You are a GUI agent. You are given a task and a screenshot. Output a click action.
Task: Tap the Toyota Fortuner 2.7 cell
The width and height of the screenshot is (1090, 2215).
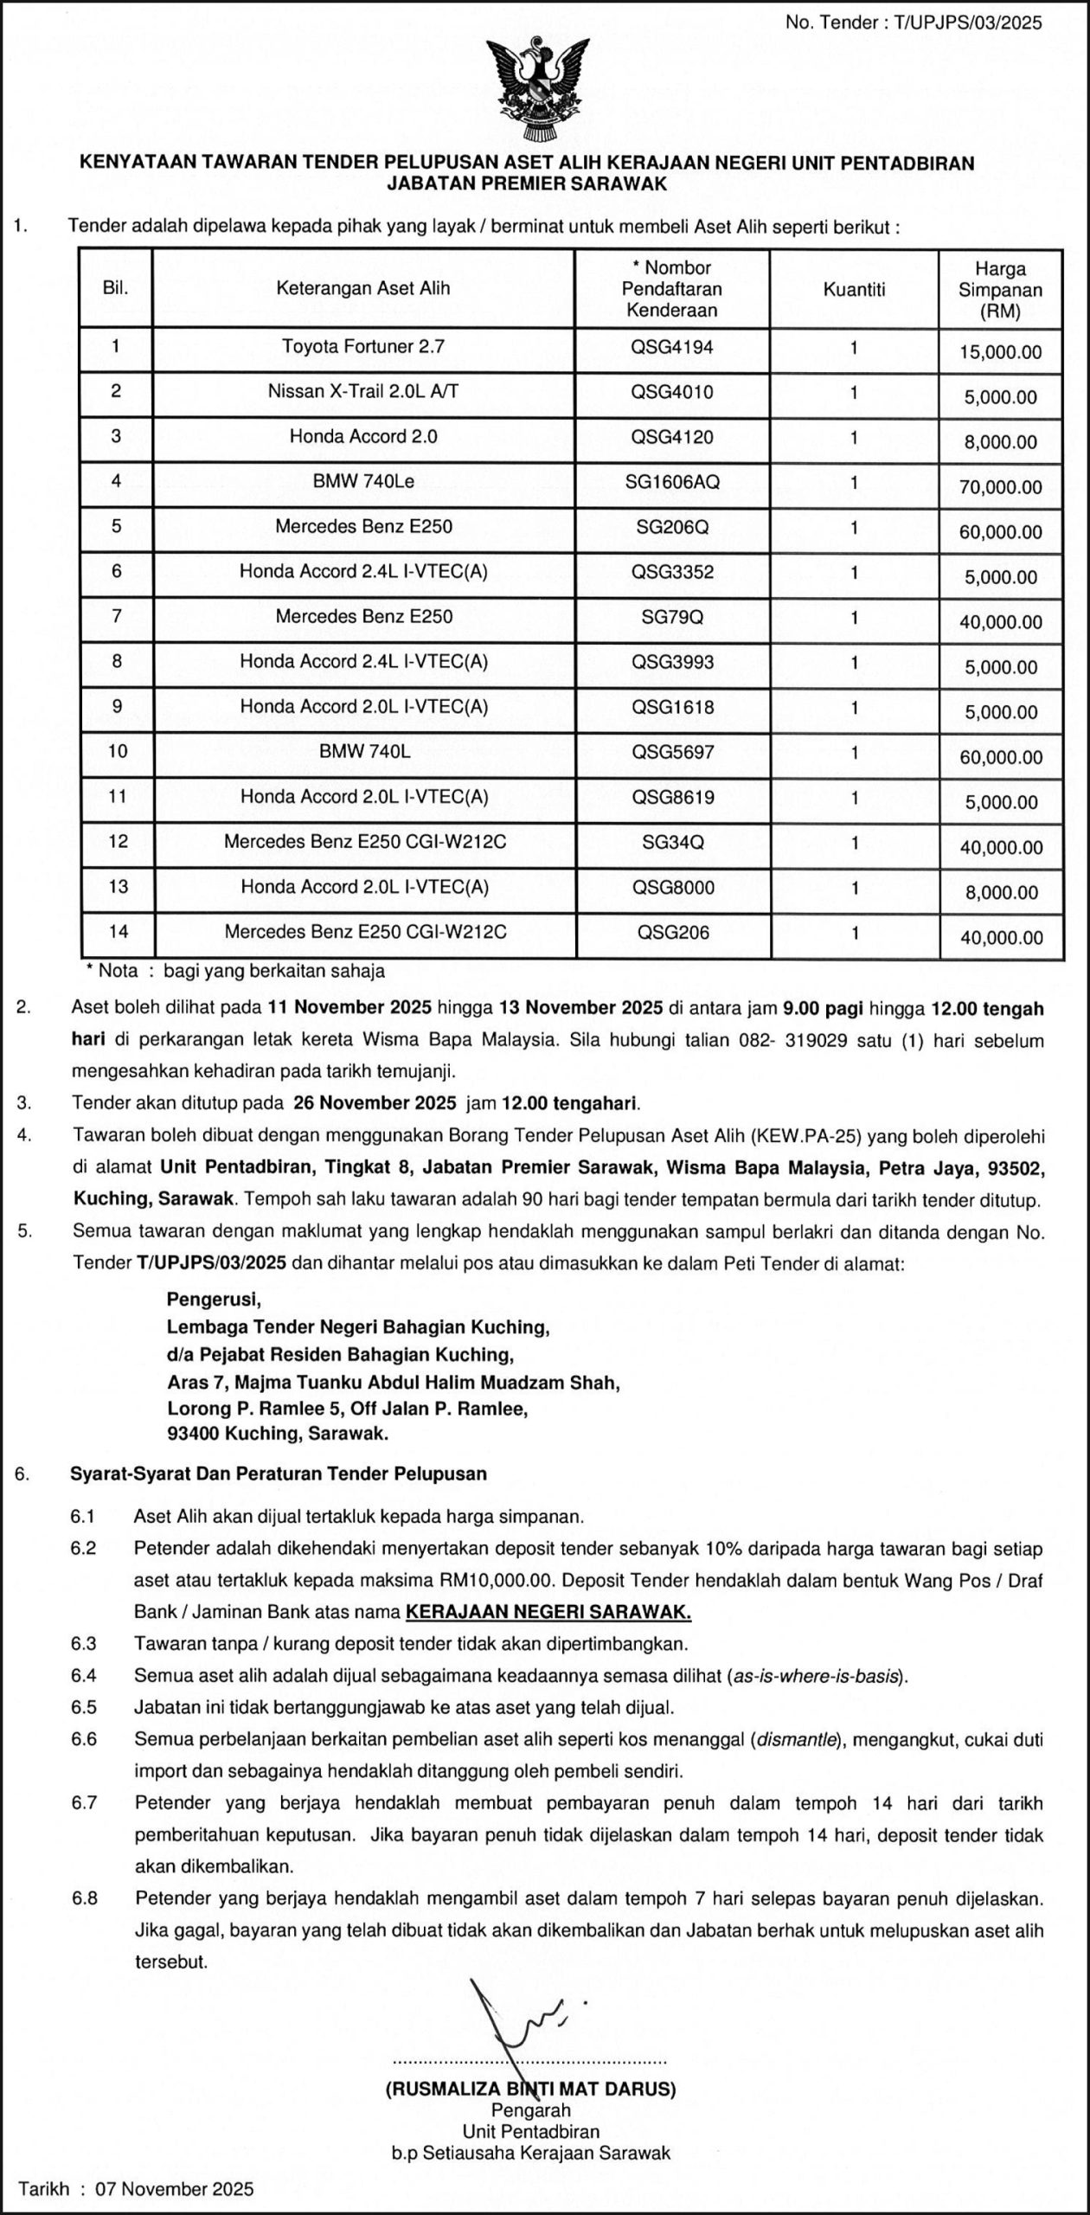tap(363, 348)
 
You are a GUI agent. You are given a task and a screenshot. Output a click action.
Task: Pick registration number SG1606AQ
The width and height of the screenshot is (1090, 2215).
tap(672, 482)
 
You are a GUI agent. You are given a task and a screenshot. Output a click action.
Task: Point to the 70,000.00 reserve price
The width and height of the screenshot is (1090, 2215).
tap(1001, 487)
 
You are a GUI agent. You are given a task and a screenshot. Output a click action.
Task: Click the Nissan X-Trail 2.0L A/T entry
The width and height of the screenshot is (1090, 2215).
tap(363, 392)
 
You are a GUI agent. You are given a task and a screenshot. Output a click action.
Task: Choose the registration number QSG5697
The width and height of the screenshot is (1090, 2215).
tap(672, 752)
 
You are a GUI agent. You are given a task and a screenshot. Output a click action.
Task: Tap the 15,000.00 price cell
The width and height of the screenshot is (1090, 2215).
tap(1001, 352)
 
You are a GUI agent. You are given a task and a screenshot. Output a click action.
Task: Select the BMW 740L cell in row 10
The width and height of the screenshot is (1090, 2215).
tap(364, 752)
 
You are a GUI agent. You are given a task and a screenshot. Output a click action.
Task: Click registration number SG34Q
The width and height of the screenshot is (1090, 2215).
tap(672, 842)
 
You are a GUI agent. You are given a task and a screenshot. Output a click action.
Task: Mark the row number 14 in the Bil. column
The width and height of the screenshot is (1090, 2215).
tap(118, 932)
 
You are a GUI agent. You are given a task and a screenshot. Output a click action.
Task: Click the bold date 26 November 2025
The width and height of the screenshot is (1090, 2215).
tap(375, 1103)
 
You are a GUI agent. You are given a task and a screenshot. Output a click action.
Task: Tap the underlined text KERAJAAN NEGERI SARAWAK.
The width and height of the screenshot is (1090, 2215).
tap(548, 1612)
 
